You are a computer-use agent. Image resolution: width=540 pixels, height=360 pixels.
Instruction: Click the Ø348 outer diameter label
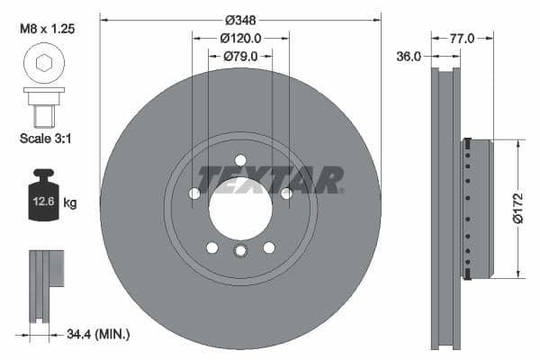(x=240, y=19)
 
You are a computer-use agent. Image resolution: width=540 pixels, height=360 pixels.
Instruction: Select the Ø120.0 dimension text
(x=240, y=38)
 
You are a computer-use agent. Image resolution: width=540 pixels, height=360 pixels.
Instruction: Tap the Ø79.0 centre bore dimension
(x=240, y=56)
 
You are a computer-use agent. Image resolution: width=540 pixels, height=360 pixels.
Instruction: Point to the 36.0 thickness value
(x=409, y=57)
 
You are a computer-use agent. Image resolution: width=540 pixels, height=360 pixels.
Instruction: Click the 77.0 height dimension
(x=462, y=38)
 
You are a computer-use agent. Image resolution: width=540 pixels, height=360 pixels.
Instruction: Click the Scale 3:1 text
(x=45, y=139)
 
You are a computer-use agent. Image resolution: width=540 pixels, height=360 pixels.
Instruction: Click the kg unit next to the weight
(x=70, y=203)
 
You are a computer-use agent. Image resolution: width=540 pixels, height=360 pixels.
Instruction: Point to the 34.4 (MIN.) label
(x=99, y=335)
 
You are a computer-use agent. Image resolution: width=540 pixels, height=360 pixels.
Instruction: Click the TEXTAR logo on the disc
(x=270, y=180)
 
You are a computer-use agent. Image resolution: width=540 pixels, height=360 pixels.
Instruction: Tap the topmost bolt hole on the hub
(x=240, y=160)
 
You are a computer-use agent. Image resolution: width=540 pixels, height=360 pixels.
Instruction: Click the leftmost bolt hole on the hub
(x=194, y=193)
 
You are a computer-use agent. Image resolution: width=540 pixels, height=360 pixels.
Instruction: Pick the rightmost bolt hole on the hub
(x=286, y=193)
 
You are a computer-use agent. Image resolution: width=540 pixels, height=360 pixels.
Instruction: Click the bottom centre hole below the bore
(x=240, y=251)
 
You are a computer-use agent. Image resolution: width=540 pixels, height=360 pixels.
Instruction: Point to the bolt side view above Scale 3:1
(x=44, y=105)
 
